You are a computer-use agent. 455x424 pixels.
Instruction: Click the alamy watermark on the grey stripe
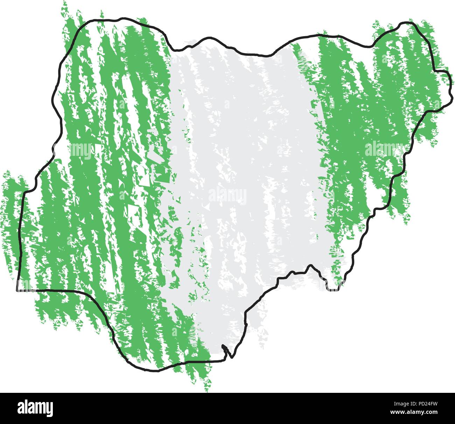click(227, 196)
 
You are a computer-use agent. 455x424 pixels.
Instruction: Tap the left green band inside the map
click(105, 175)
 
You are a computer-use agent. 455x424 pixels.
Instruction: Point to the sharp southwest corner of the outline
click(17, 290)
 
